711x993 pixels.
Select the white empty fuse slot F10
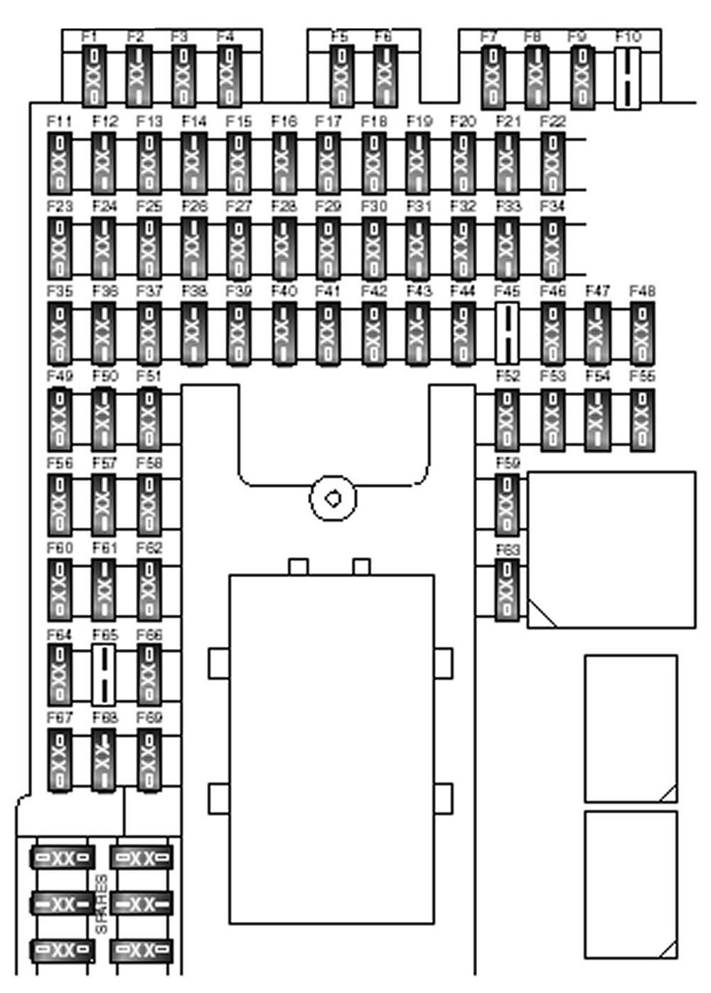click(628, 78)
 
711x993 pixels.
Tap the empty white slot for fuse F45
click(506, 332)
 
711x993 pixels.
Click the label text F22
click(552, 122)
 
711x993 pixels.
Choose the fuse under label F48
click(642, 332)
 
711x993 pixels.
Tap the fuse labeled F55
click(642, 418)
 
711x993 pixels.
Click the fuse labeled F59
click(506, 504)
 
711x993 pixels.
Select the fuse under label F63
click(506, 589)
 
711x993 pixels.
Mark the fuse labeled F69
click(149, 760)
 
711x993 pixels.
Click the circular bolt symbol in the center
click(333, 498)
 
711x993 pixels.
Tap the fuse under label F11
click(59, 163)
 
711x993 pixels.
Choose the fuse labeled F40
click(283, 332)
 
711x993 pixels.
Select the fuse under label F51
click(149, 418)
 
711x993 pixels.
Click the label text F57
click(105, 463)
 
